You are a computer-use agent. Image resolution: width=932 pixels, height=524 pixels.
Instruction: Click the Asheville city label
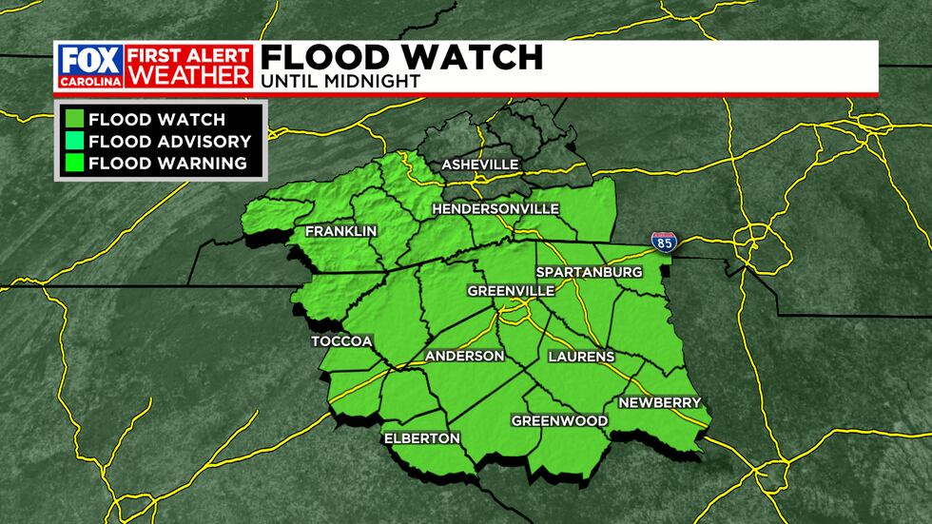tap(480, 165)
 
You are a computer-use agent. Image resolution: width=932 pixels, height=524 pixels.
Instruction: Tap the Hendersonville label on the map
tap(495, 209)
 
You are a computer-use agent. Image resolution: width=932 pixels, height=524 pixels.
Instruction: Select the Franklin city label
tap(341, 231)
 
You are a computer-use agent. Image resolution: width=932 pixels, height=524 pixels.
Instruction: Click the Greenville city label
tap(510, 291)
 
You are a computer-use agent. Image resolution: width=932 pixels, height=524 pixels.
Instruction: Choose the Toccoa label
tap(340, 340)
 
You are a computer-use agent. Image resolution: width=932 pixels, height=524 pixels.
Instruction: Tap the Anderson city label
tap(464, 356)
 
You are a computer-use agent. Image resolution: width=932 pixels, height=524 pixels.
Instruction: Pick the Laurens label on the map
tap(581, 357)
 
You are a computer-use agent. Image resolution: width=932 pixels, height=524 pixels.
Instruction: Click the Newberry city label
tap(659, 402)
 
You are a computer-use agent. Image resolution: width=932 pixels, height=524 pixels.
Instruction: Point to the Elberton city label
tap(421, 438)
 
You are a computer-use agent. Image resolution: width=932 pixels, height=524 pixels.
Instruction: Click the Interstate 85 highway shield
tap(664, 242)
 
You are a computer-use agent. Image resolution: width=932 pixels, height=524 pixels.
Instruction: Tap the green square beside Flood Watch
tap(72, 120)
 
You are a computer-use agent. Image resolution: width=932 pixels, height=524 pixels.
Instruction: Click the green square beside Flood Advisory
tap(72, 142)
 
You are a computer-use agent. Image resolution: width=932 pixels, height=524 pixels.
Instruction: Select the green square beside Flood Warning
tap(72, 163)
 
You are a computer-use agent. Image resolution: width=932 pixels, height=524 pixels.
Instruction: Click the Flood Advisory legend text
tap(169, 142)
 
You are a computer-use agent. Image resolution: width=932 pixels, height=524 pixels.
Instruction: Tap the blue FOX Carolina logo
tap(87, 66)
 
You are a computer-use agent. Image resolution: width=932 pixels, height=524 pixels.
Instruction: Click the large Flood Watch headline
tap(401, 57)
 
